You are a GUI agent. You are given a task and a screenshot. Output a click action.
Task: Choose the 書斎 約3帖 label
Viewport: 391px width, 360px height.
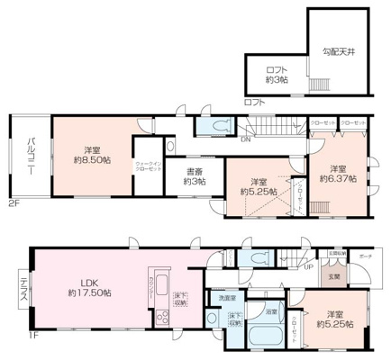(x=194, y=176)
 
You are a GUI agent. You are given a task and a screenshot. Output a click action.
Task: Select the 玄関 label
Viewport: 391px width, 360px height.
(x=333, y=276)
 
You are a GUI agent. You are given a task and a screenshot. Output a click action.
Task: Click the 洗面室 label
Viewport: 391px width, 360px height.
(x=224, y=297)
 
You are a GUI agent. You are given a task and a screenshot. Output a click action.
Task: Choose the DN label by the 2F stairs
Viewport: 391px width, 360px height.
(x=245, y=139)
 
